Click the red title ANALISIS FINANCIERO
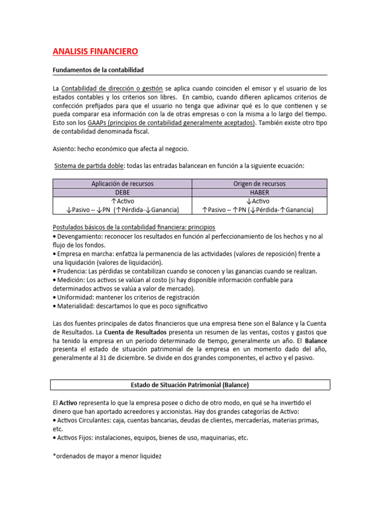pyautogui.click(x=95, y=51)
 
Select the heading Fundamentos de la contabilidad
pyautogui.click(x=98, y=70)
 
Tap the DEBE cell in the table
pyautogui.click(x=122, y=192)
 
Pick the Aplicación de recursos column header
pyautogui.click(x=122, y=184)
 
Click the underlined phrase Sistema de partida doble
pyautogui.click(x=87, y=165)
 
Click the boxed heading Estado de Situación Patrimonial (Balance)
pyautogui.click(x=190, y=385)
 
